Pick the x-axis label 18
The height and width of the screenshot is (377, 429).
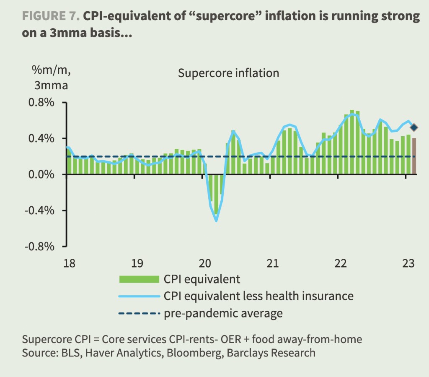coord(69,264)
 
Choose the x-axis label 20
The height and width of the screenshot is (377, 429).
coord(205,264)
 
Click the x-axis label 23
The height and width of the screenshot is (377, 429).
coord(408,264)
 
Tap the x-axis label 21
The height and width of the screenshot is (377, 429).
coord(272,264)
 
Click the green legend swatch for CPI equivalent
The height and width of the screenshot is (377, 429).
coord(140,279)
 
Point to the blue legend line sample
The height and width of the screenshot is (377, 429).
coord(140,296)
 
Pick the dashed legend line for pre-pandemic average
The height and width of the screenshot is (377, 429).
coord(140,313)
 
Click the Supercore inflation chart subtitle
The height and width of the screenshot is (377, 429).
coord(228,73)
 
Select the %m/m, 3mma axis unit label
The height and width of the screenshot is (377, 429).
coord(51,78)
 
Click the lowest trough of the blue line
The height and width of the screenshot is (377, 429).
coord(216,221)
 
